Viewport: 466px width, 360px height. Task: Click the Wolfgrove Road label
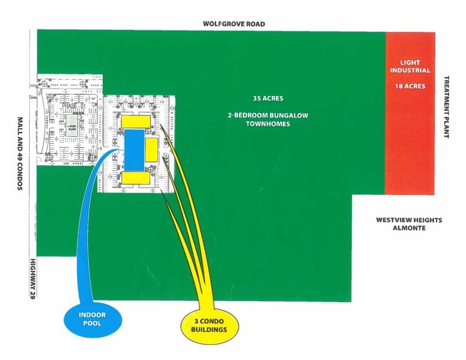[234, 24]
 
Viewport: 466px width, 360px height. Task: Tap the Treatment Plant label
[446, 107]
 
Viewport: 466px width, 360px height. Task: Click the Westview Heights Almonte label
[409, 223]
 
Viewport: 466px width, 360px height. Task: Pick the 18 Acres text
[410, 86]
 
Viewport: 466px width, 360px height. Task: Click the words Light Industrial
[410, 66]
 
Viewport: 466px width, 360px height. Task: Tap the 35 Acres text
[268, 98]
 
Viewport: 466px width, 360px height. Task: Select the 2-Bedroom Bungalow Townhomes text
[268, 119]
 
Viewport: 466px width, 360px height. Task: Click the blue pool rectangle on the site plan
[133, 150]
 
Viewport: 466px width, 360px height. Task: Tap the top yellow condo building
[136, 121]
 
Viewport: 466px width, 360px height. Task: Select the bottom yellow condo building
[135, 178]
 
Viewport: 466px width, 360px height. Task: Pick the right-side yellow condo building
[152, 150]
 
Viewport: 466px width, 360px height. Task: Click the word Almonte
[409, 228]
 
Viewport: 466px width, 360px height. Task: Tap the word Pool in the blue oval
[92, 323]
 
